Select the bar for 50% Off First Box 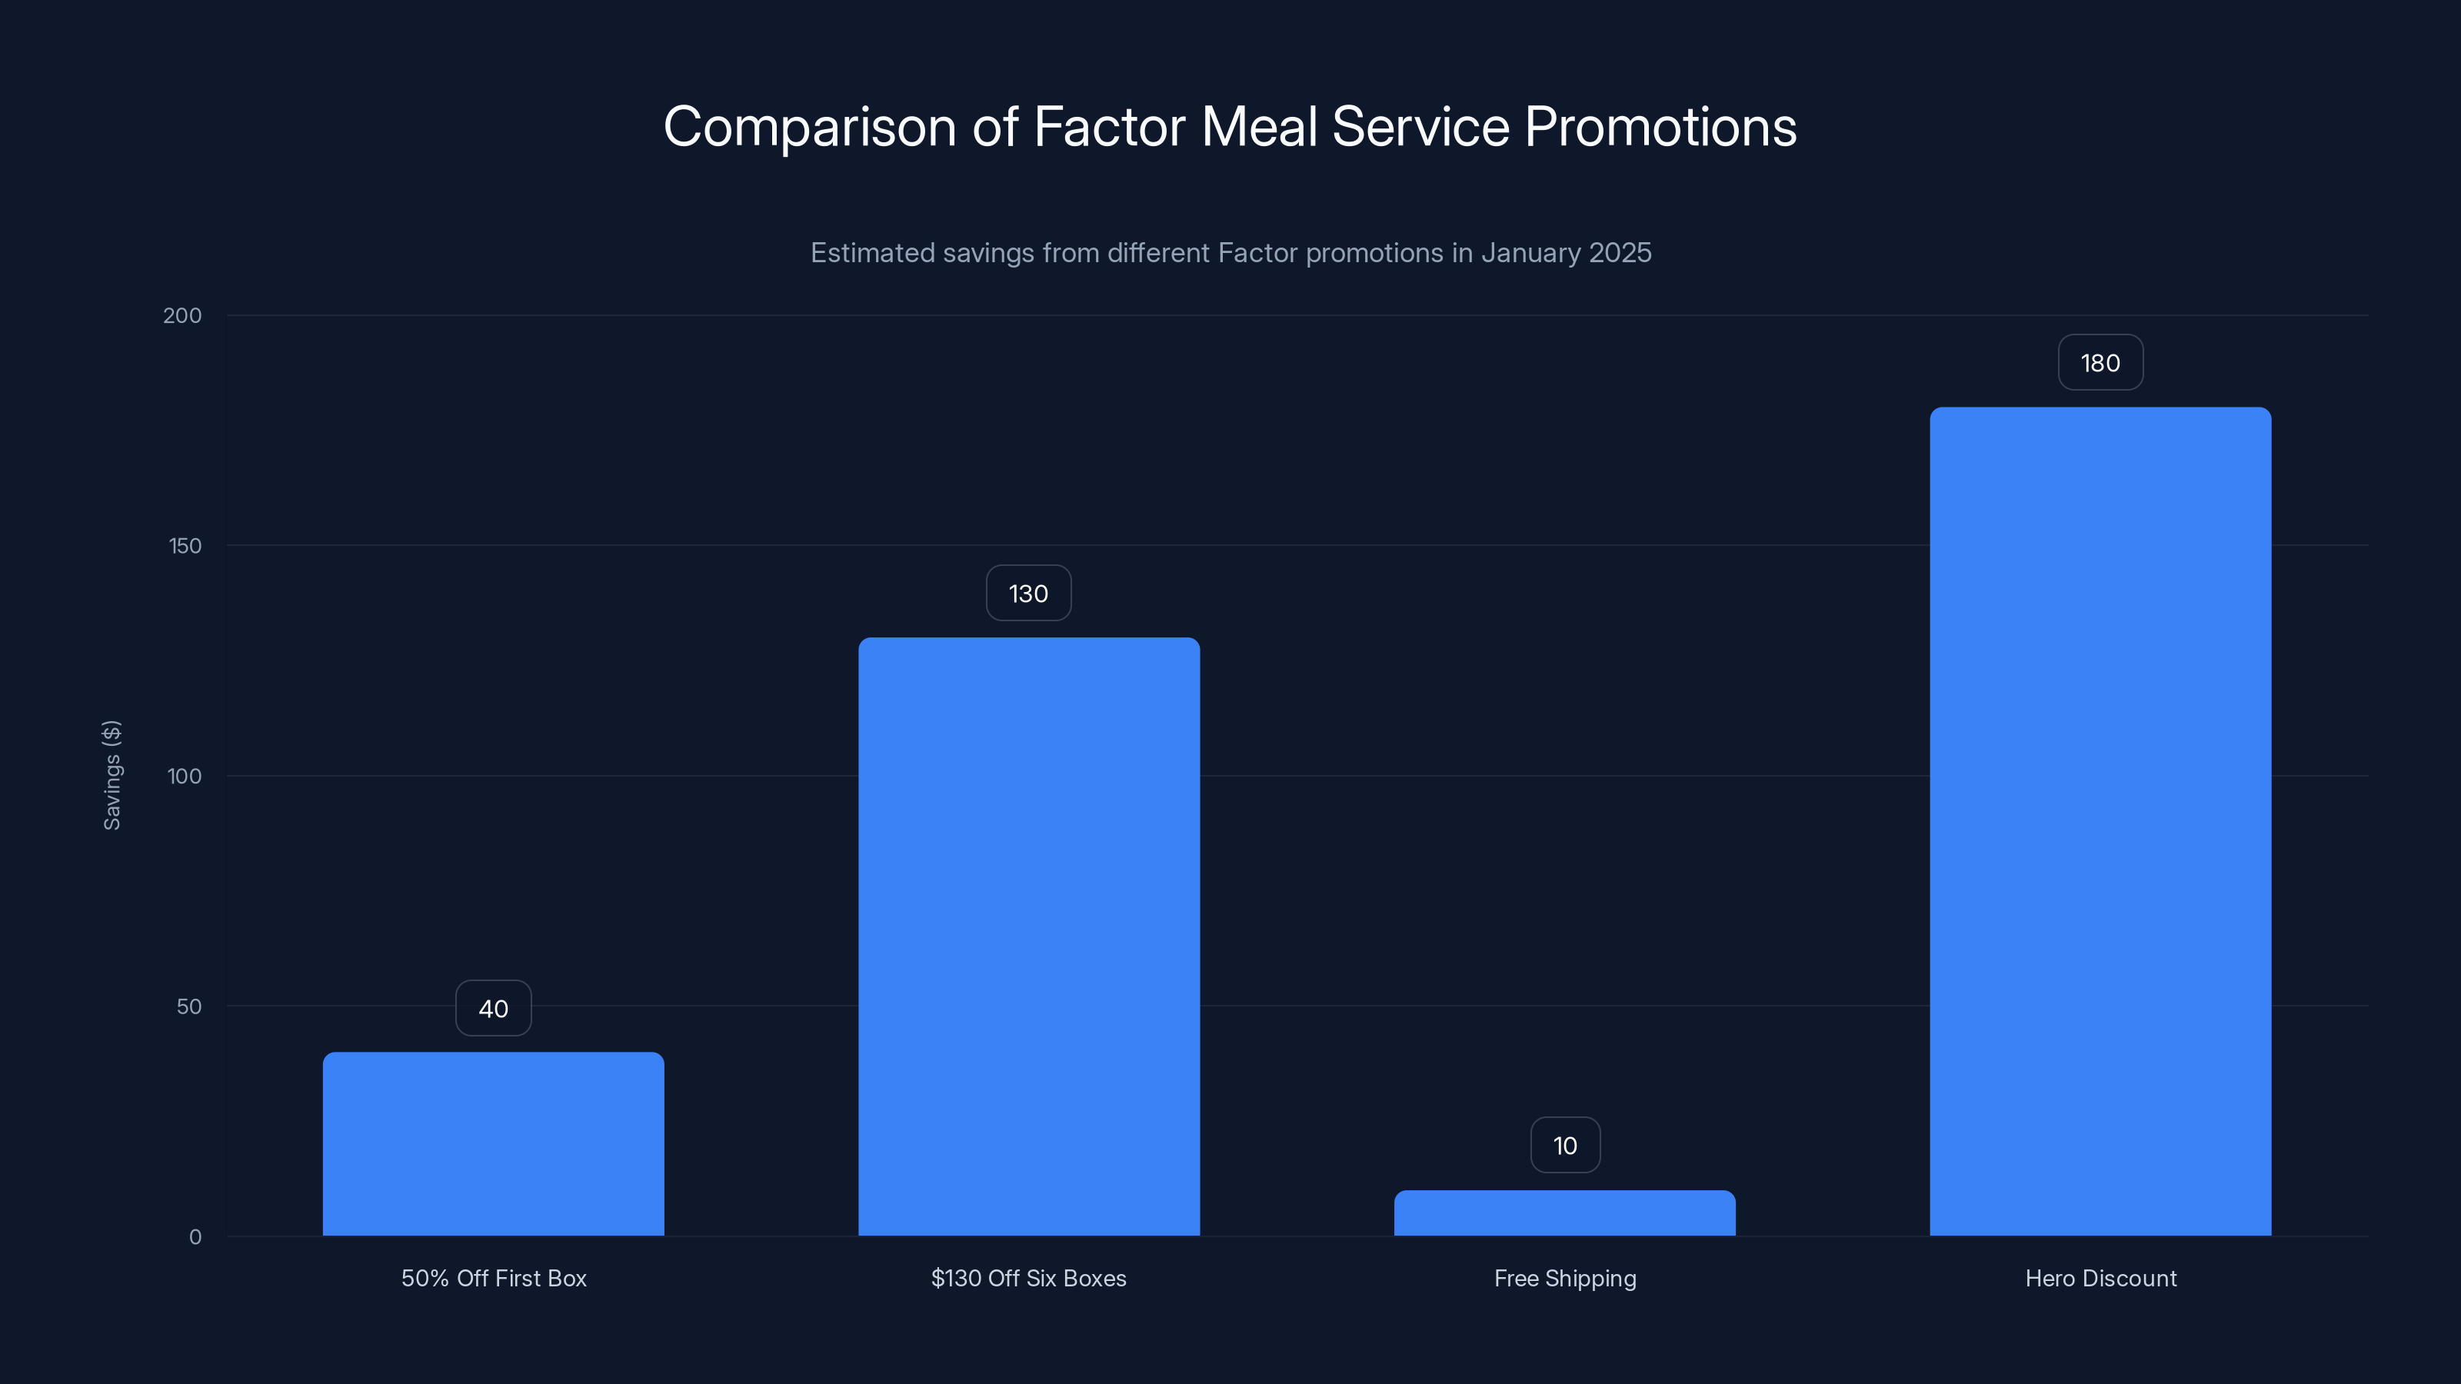(493, 1143)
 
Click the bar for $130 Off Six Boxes (1029, 936)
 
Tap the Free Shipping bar (1564, 1213)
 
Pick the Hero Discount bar (2100, 821)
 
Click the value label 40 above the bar (493, 1009)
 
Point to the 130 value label (1028, 593)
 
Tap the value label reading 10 (1565, 1145)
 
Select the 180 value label (2100, 363)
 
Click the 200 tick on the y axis (182, 315)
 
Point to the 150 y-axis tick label (185, 545)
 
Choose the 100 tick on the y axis (185, 776)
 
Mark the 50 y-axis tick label (189, 1006)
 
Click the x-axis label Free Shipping (1565, 1278)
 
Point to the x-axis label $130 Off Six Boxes (1029, 1278)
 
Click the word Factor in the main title (1108, 127)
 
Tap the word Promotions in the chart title (1660, 127)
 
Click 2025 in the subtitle (1620, 252)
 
